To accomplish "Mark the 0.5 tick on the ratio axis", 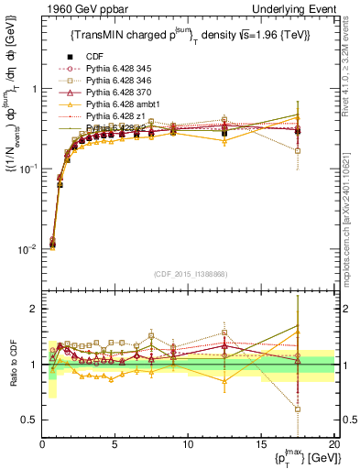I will coord(31,420).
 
